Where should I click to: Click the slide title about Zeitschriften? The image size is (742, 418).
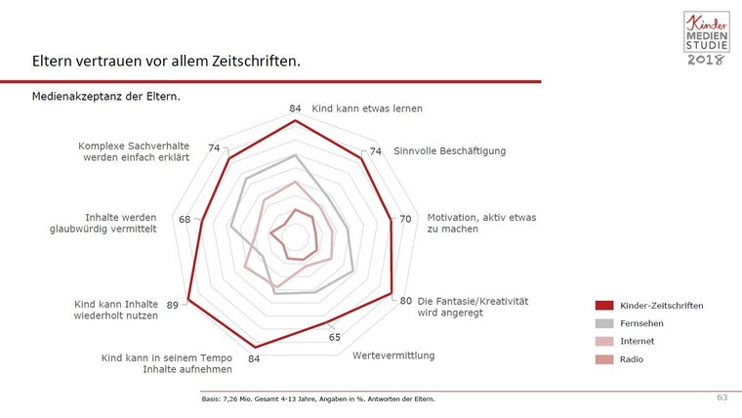(165, 61)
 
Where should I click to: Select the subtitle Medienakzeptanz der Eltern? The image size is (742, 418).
(106, 98)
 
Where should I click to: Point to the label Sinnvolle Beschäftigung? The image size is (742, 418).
(450, 151)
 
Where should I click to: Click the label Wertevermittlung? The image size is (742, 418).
(393, 355)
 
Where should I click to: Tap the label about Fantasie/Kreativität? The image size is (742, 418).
(472, 307)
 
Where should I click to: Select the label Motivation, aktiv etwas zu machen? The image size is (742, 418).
(481, 223)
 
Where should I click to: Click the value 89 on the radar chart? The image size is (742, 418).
(173, 306)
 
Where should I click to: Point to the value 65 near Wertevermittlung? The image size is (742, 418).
(335, 337)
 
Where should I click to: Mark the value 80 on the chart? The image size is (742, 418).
(405, 301)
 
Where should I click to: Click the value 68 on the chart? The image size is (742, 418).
(185, 219)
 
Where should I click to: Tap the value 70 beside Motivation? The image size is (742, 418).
(405, 218)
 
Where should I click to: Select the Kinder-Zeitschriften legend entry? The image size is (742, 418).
(661, 306)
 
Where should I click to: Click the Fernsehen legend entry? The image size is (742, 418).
(642, 323)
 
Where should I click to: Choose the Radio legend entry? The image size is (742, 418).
(632, 359)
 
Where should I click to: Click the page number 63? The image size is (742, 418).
(722, 397)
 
